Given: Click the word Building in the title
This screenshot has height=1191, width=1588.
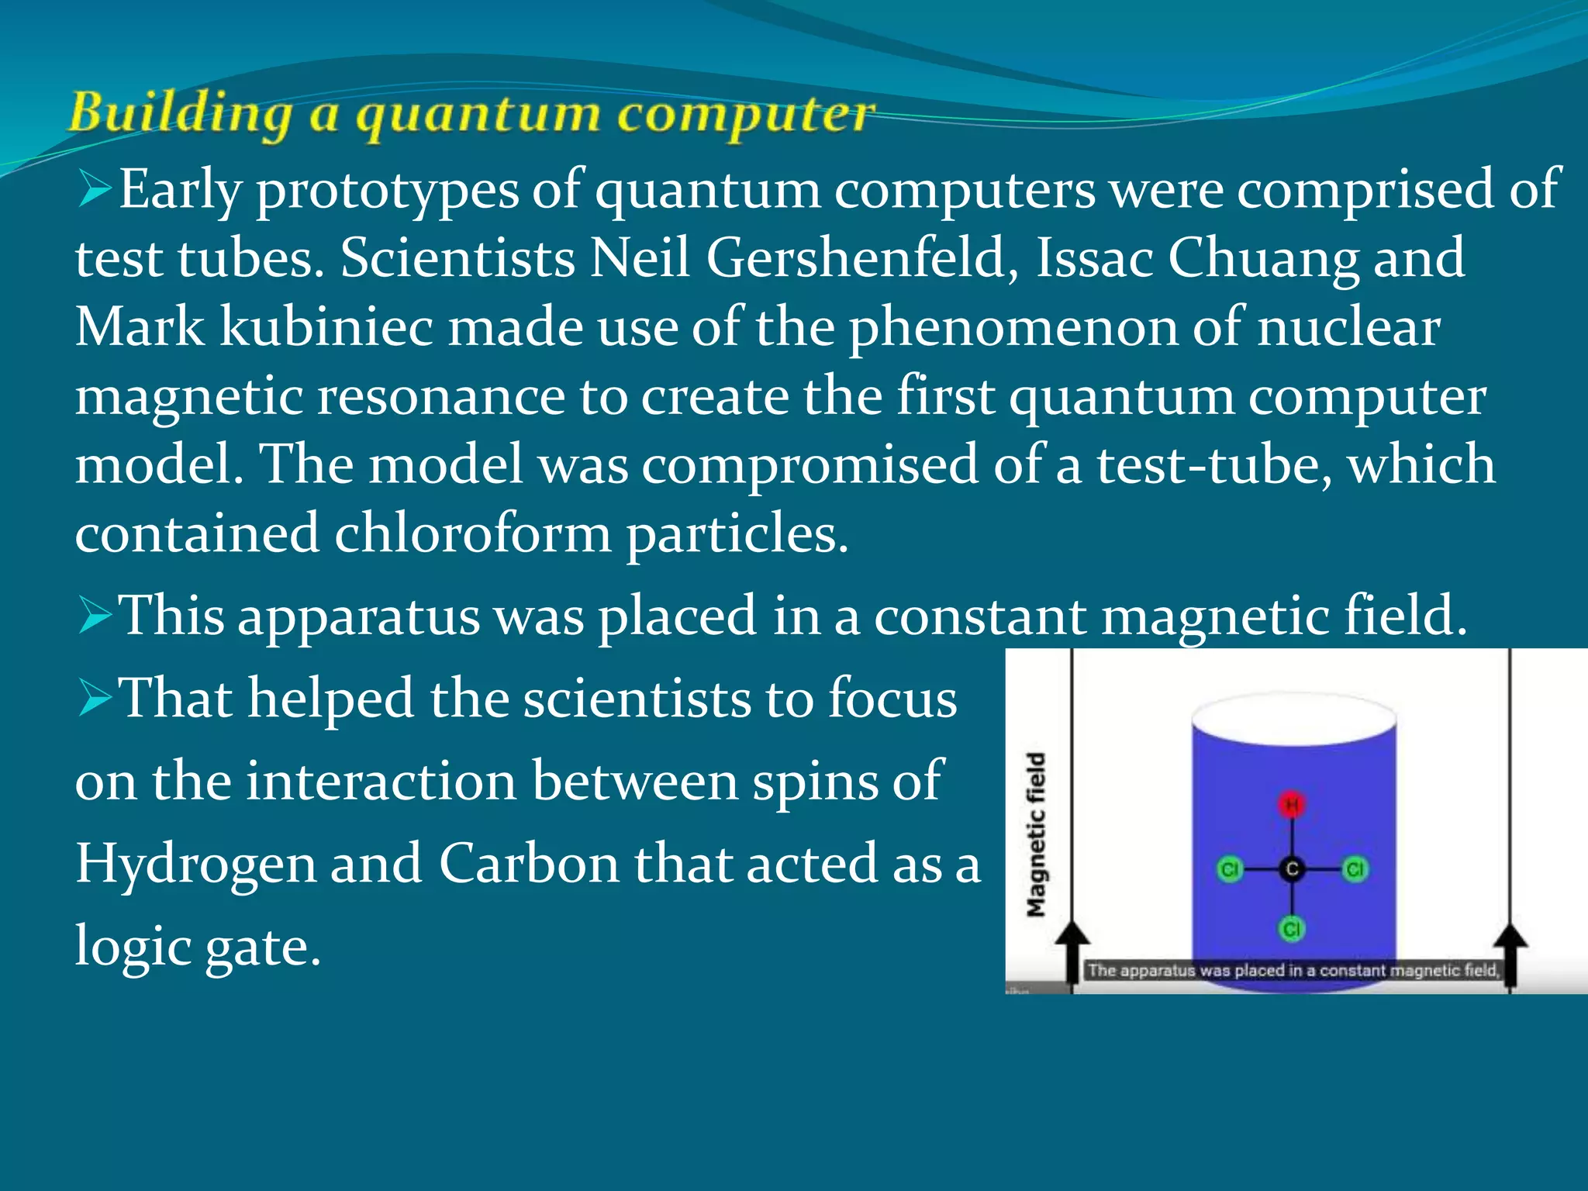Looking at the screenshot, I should point(180,114).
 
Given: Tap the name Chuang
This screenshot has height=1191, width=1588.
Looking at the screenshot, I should point(1264,257).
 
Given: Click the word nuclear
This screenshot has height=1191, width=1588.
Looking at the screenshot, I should point(1349,326).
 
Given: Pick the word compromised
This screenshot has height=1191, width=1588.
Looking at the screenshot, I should point(810,464).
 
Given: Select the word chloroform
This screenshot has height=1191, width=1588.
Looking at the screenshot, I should point(472,533).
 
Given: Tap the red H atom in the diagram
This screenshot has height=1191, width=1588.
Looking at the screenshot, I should point(1292,806).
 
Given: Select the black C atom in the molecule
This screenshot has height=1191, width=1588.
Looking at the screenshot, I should point(1292,869).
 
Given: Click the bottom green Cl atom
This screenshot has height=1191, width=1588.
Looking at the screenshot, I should point(1292,928).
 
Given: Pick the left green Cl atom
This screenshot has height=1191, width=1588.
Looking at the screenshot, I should point(1229,869).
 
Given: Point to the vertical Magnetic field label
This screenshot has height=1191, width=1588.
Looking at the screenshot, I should point(1037,834).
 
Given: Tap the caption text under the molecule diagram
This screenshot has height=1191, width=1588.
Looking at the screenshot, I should point(1293,970).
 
